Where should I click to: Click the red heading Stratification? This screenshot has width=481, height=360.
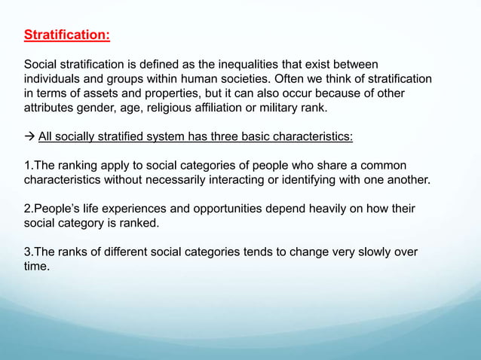(66, 35)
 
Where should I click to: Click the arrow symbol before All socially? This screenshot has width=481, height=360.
(29, 136)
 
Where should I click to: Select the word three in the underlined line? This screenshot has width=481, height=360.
(221, 136)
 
